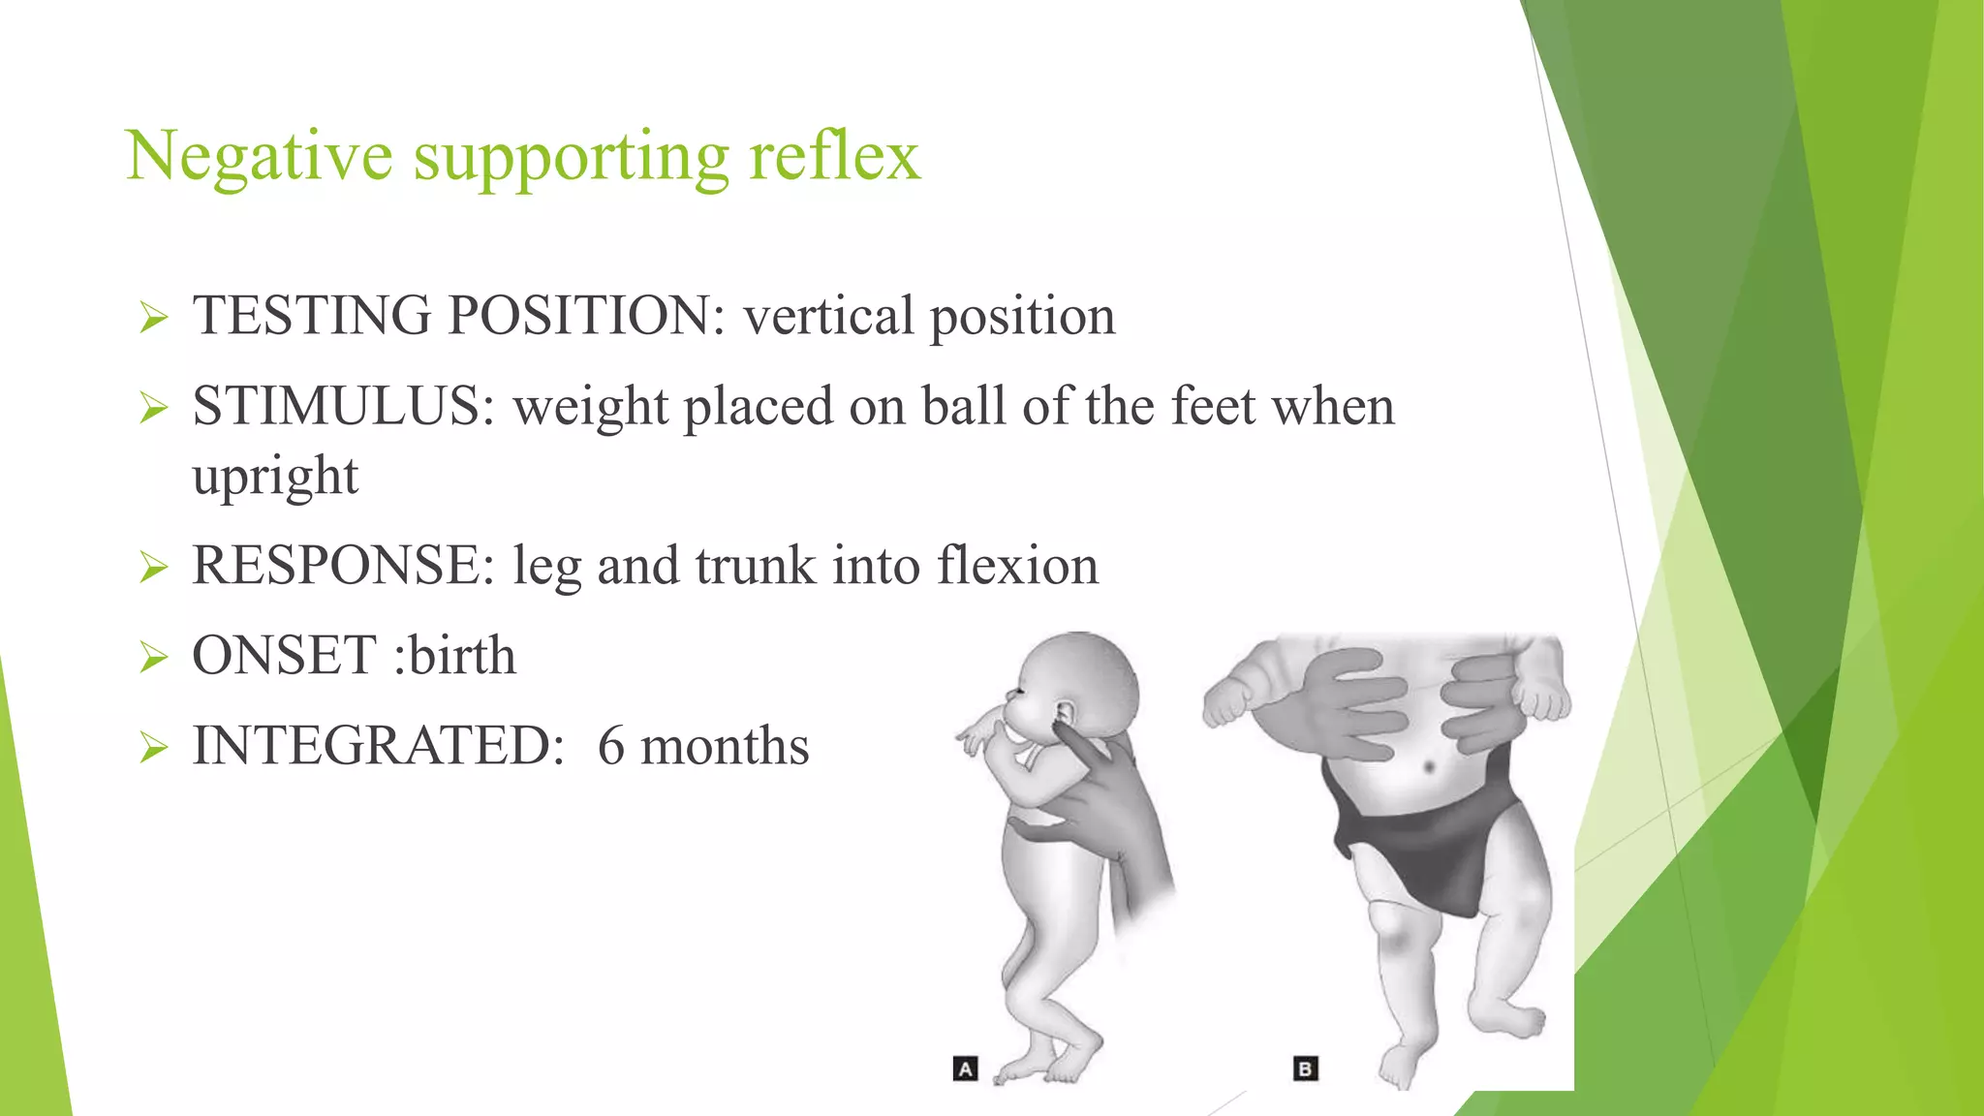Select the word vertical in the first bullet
click(x=828, y=316)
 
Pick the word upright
click(x=275, y=477)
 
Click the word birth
click(x=461, y=656)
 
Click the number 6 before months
click(x=611, y=746)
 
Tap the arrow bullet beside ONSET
click(x=153, y=657)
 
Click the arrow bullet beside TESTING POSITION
click(x=153, y=317)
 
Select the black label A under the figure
click(x=965, y=1069)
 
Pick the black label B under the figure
click(x=1305, y=1069)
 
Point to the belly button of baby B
click(x=1430, y=767)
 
